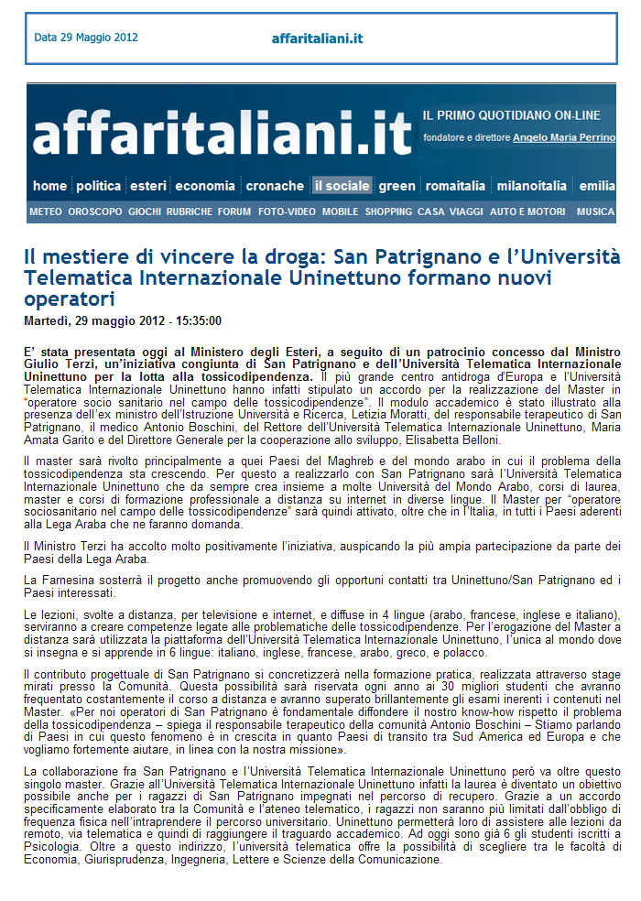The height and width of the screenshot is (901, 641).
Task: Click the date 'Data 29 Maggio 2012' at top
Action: pyautogui.click(x=86, y=38)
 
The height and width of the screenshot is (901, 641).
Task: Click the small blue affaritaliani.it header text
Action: pyautogui.click(x=318, y=38)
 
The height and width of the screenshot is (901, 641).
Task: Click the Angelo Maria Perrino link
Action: pyautogui.click(x=563, y=137)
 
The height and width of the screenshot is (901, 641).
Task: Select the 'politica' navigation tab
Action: pyautogui.click(x=99, y=186)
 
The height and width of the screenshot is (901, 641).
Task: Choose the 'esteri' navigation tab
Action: pyautogui.click(x=148, y=186)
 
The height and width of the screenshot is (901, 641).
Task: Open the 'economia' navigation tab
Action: pyautogui.click(x=205, y=186)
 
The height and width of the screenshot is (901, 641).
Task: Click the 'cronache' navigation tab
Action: pyautogui.click(x=275, y=186)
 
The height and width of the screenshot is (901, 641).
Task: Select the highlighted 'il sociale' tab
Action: pyautogui.click(x=342, y=186)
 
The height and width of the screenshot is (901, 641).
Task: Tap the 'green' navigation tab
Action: pyautogui.click(x=397, y=186)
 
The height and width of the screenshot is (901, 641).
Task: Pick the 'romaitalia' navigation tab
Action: pyautogui.click(x=455, y=186)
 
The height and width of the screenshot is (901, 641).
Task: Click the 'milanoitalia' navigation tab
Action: pyautogui.click(x=532, y=186)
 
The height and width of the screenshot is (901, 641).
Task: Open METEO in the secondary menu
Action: pyautogui.click(x=46, y=212)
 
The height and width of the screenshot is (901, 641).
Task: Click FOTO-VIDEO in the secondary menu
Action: pyautogui.click(x=287, y=212)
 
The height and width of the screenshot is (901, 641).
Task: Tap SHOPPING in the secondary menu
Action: pyautogui.click(x=388, y=212)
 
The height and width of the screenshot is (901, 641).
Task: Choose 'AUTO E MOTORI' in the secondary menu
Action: pyautogui.click(x=527, y=212)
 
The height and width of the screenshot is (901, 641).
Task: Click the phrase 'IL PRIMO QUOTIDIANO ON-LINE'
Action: pyautogui.click(x=512, y=115)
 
